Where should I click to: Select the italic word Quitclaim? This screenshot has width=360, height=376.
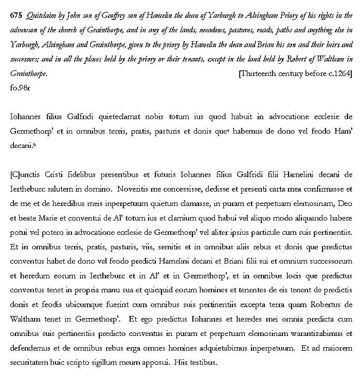click(x=40, y=15)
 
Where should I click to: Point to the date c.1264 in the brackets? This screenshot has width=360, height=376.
click(x=334, y=73)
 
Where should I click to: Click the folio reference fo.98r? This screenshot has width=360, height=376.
click(x=21, y=88)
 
